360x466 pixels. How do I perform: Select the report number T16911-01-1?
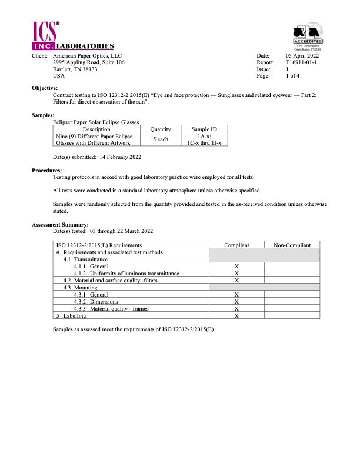pos(301,62)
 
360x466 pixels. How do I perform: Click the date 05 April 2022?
pos(302,55)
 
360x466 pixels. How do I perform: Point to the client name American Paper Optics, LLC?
pos(87,55)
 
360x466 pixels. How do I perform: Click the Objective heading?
pos(45,88)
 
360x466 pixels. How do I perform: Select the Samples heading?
pos(43,115)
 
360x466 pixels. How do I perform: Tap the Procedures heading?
pos(46,170)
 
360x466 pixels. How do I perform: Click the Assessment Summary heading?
pos(60,224)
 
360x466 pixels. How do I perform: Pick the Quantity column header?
pos(160,129)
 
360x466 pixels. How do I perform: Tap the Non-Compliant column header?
pos(292,245)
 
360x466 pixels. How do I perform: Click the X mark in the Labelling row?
pos(236,315)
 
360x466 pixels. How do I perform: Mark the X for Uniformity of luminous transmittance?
pos(236,273)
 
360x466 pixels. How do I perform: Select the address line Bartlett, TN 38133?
pos(75,69)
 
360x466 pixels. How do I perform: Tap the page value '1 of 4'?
pos(292,76)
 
